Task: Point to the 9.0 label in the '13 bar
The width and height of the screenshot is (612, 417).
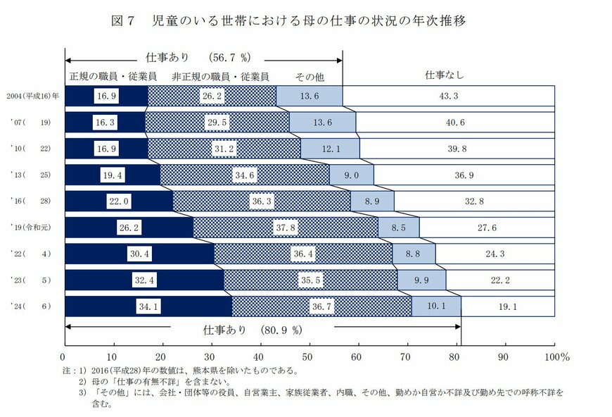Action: pyautogui.click(x=350, y=175)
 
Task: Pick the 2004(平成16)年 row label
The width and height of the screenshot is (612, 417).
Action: pyautogui.click(x=32, y=96)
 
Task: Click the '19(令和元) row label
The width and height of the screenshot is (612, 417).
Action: pyautogui.click(x=32, y=228)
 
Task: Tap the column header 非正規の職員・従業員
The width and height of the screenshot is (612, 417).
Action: pyautogui.click(x=223, y=76)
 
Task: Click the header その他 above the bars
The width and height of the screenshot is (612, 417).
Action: pyautogui.click(x=309, y=76)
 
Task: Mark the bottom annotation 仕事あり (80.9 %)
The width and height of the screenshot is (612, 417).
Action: pyautogui.click(x=252, y=329)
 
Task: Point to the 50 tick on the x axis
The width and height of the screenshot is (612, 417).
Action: pyautogui.click(x=308, y=356)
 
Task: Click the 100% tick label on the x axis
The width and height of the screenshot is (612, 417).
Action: pyautogui.click(x=556, y=356)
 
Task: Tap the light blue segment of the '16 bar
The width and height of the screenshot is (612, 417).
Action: pyautogui.click(x=372, y=201)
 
